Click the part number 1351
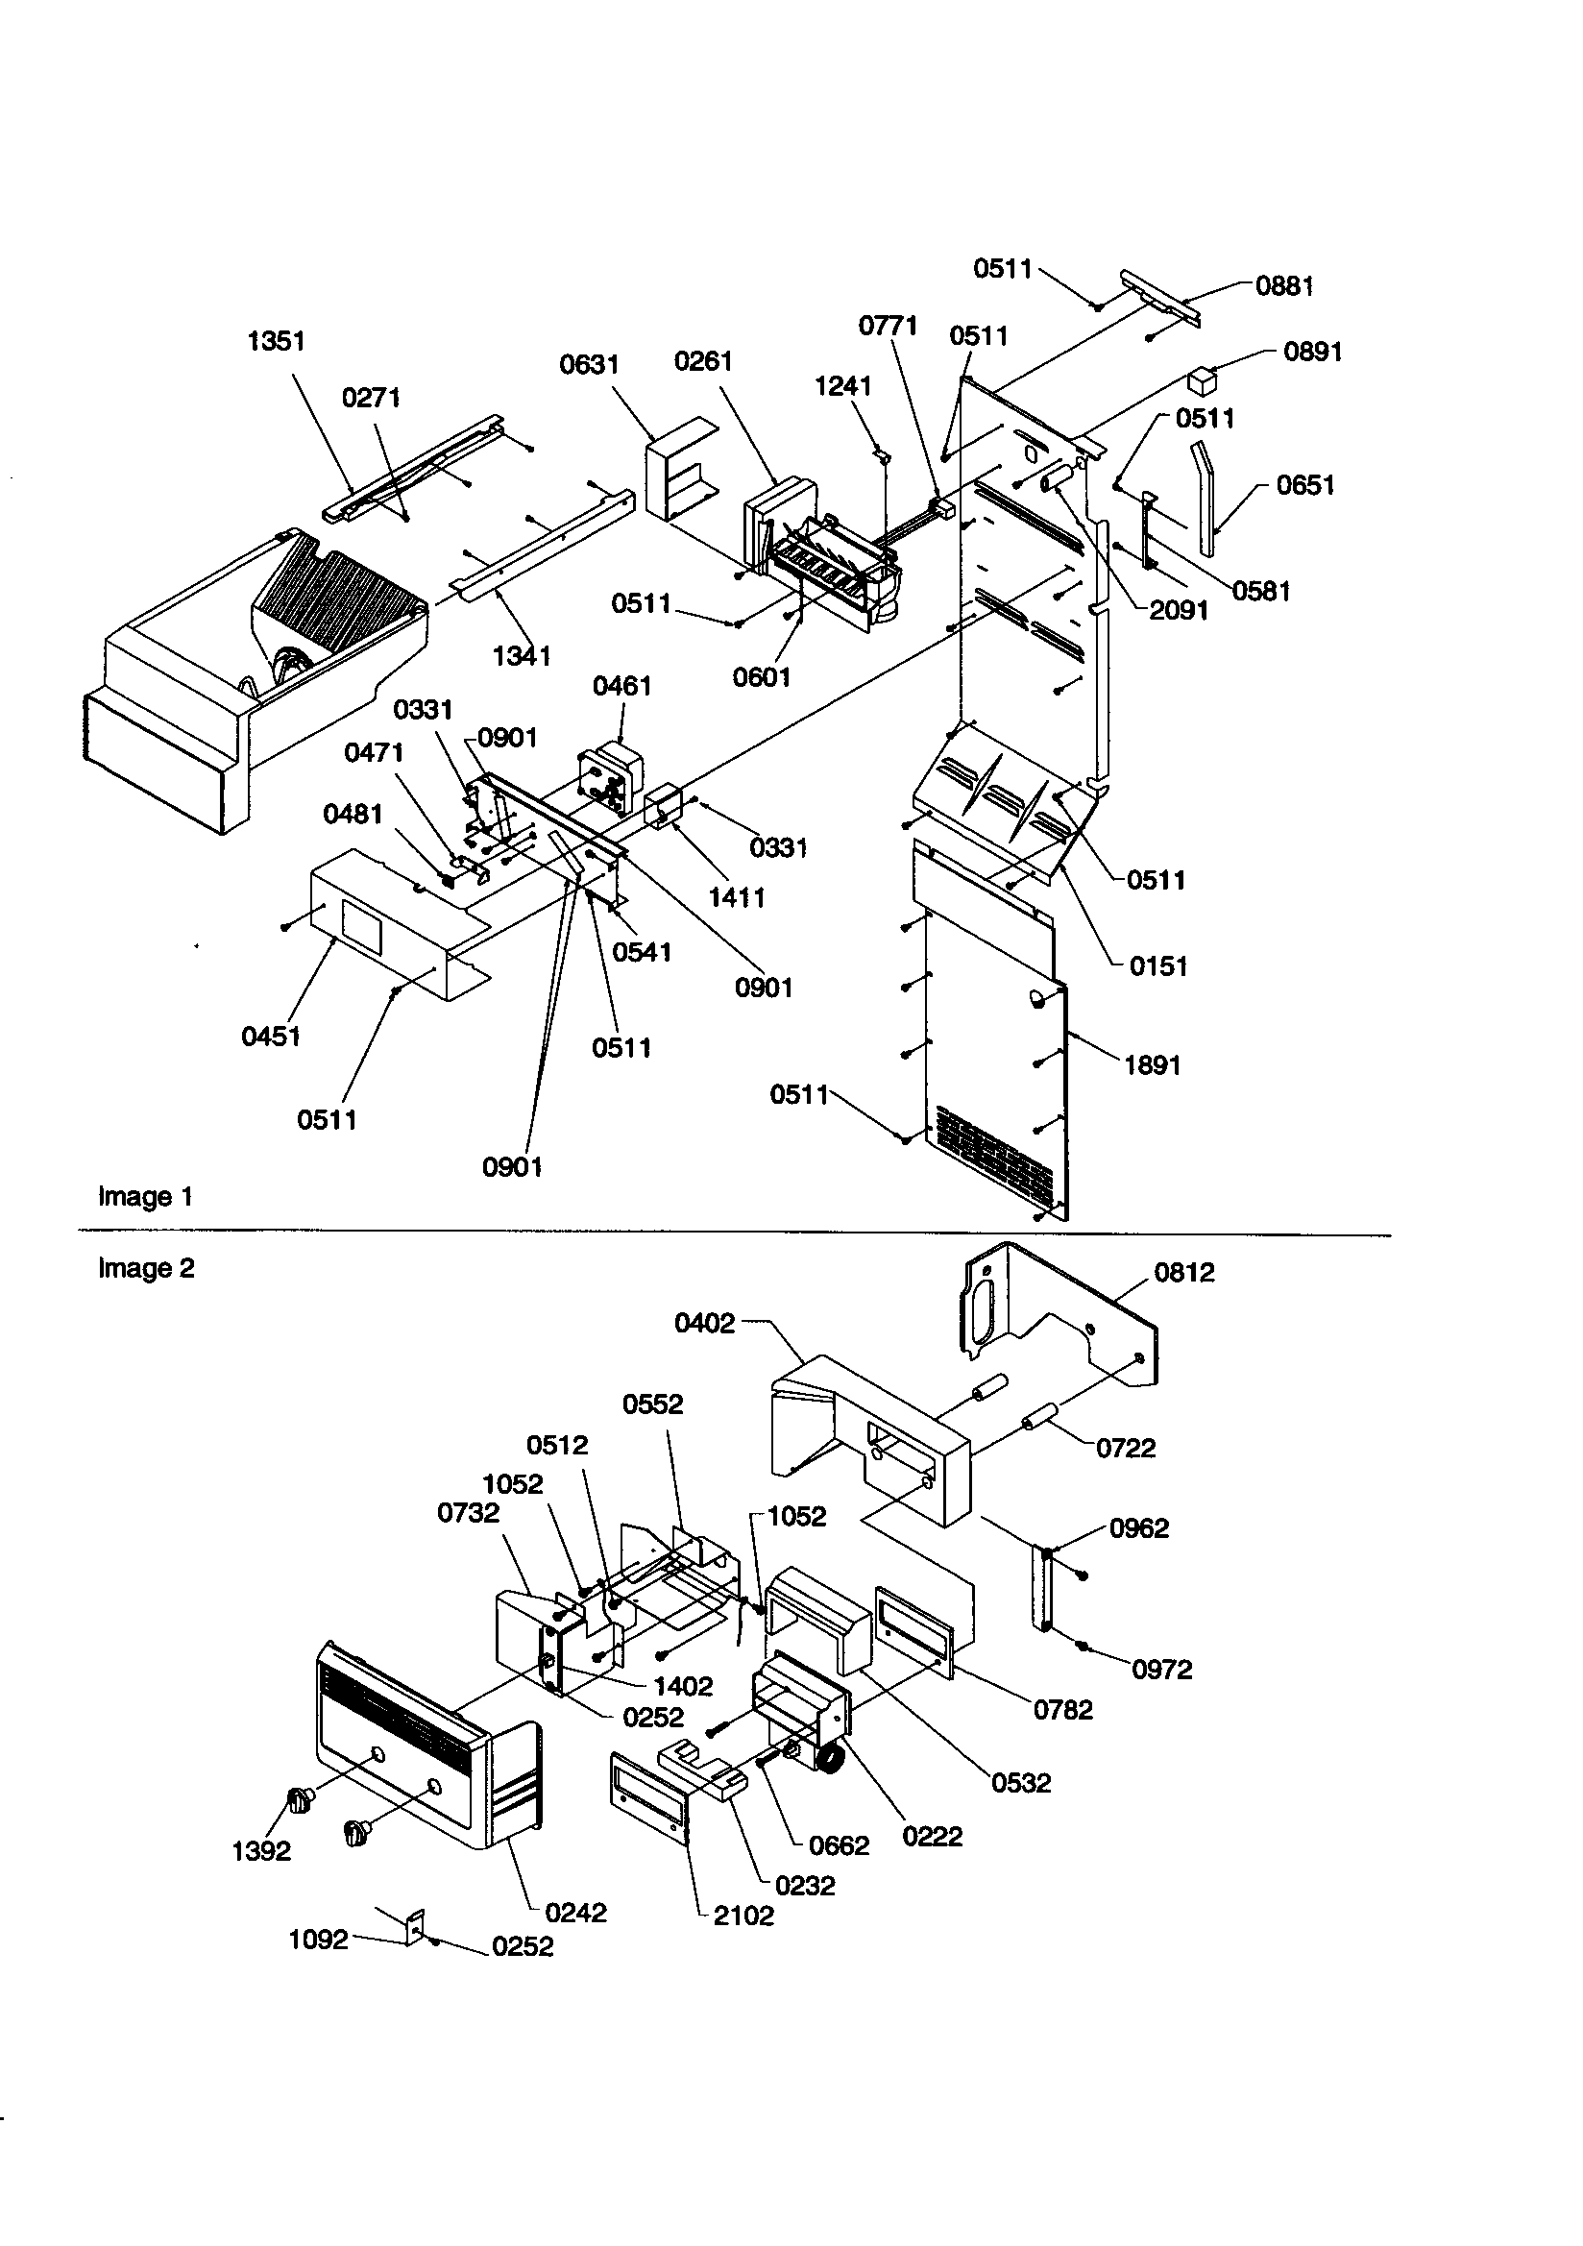point(276,341)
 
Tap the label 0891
point(1312,353)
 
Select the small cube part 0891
point(1201,380)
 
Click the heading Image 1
point(146,1196)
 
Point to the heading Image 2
point(147,1268)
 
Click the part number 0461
point(621,686)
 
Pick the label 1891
point(1153,1065)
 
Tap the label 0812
point(1183,1273)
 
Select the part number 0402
point(704,1324)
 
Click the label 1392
point(261,1851)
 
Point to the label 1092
point(318,1940)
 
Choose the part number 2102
point(743,1916)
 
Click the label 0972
point(1161,1670)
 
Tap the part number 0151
point(1157,966)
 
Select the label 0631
point(589,365)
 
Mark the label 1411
point(737,897)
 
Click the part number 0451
point(271,1037)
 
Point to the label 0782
point(1062,1710)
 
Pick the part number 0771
point(888,326)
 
